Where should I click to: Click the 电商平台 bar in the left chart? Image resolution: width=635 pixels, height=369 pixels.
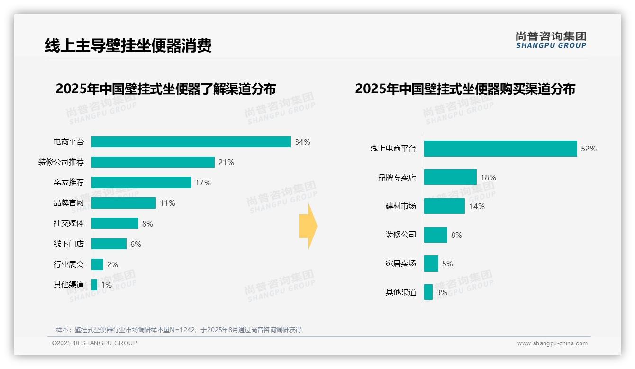[x=191, y=142]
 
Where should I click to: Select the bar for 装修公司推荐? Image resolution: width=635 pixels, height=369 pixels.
[x=153, y=162]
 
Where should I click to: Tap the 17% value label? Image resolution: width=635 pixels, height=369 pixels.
[x=203, y=183]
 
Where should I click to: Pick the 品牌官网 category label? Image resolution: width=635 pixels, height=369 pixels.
[x=68, y=203]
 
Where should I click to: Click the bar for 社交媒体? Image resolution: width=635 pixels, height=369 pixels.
[x=115, y=223]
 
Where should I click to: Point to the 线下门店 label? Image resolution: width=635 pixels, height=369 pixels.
[x=68, y=244]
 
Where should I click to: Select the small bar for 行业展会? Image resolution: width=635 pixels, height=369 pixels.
[x=97, y=264]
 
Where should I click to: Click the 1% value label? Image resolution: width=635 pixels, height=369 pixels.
[x=106, y=285]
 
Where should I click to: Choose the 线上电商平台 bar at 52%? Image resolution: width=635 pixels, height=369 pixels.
[x=500, y=149]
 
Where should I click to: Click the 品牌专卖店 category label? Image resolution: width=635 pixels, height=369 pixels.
[x=397, y=177]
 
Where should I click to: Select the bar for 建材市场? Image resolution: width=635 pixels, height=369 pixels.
[x=444, y=206]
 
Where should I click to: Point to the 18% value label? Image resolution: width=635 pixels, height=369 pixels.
[x=488, y=177]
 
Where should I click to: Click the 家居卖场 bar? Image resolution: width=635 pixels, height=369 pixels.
[x=431, y=264]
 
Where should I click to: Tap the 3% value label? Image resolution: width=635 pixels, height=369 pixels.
[x=442, y=292]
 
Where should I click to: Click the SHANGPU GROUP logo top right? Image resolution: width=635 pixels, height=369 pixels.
[x=551, y=40]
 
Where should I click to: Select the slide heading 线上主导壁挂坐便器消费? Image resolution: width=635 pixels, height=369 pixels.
[x=128, y=45]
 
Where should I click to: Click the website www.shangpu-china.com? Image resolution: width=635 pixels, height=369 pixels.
[x=552, y=343]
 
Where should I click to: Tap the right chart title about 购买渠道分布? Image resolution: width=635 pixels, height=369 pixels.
[x=465, y=89]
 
